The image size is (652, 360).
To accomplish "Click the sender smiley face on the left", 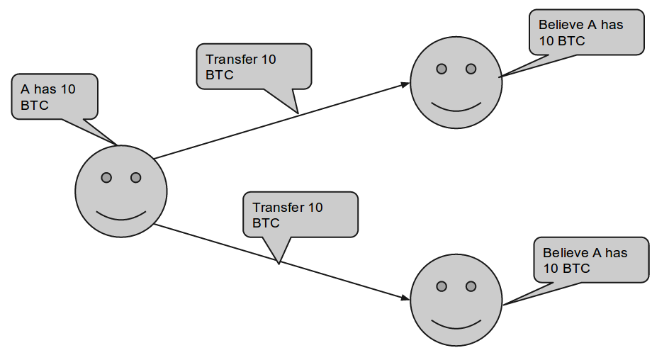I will (x=121, y=191).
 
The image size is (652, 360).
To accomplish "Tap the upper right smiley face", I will (x=456, y=83).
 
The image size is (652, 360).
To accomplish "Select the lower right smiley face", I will (x=456, y=300).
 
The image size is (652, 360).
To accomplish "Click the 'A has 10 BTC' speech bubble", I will (x=55, y=96).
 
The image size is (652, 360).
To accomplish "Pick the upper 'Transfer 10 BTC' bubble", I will (x=253, y=67).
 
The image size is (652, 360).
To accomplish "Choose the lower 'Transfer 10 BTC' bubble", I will (x=300, y=215).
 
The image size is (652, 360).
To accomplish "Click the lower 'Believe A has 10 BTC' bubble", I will (x=591, y=260).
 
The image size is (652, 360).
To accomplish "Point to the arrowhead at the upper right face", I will (x=405, y=85).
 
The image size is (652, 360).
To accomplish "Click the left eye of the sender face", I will (x=106, y=177).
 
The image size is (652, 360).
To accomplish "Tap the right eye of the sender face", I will (x=136, y=177).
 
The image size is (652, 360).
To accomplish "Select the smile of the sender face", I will (x=121, y=214).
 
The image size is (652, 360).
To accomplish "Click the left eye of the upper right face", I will (x=441, y=69).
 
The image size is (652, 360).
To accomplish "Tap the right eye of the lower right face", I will (x=471, y=286).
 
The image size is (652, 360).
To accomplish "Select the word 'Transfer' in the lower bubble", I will (x=278, y=208).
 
